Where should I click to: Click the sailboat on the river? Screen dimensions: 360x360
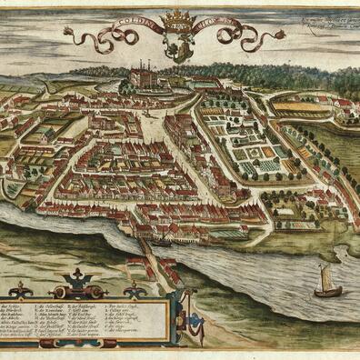[326, 282]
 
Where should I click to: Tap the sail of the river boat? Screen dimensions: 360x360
[325, 275]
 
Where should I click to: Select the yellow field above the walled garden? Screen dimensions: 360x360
[300, 107]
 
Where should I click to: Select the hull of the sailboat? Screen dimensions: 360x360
[327, 291]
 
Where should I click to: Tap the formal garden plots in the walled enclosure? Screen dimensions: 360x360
[245, 145]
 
